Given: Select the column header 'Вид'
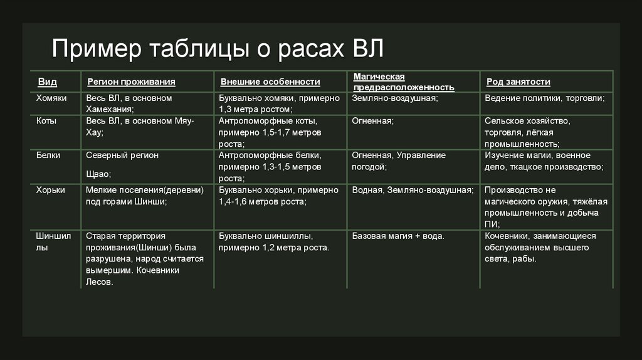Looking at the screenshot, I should [47, 82].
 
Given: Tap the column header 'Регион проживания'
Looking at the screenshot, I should [131, 82].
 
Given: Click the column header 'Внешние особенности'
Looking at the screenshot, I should [270, 82].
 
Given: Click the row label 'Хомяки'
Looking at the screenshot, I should [51, 98].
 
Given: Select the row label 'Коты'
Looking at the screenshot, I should [46, 121].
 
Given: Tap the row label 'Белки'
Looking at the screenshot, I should [48, 155].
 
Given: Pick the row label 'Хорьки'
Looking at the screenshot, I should [51, 190].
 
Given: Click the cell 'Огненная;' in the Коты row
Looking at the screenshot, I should [372, 121].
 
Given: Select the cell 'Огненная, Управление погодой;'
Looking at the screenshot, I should [399, 161].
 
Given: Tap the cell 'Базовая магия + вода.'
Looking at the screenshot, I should [398, 236].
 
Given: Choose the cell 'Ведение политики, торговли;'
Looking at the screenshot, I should [544, 98].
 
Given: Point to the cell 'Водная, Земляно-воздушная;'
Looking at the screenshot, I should [413, 190].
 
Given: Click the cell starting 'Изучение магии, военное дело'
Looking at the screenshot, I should [544, 161].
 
